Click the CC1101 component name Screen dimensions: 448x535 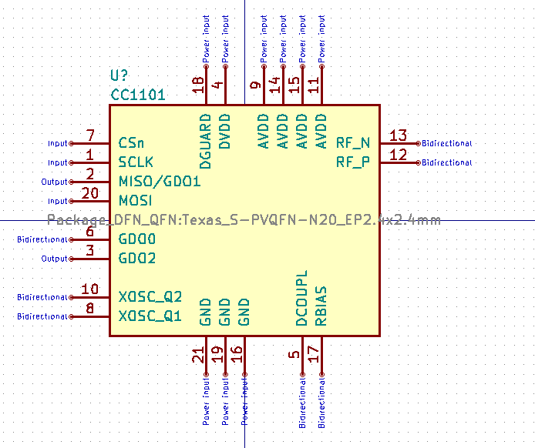(x=138, y=95)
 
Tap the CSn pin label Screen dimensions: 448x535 (x=131, y=143)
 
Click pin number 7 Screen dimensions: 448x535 (x=90, y=135)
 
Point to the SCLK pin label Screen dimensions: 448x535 (x=136, y=162)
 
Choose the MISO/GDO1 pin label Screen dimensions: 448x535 (x=160, y=182)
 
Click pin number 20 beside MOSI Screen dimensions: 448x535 (x=90, y=193)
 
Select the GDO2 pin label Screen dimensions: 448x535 (x=137, y=259)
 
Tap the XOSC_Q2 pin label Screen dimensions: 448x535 (x=150, y=297)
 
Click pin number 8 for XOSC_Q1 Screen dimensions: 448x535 (x=90, y=309)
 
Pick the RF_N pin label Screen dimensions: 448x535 (x=353, y=142)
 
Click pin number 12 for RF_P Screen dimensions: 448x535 (x=398, y=155)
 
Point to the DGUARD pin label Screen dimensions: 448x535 (x=205, y=141)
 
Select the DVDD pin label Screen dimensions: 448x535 (x=224, y=132)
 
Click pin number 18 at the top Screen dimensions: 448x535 (x=198, y=85)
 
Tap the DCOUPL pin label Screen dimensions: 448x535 (x=301, y=299)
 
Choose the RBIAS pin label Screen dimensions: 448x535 (x=321, y=306)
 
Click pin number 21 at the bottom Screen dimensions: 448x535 (x=198, y=355)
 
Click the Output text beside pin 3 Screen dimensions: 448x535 (x=54, y=259)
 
